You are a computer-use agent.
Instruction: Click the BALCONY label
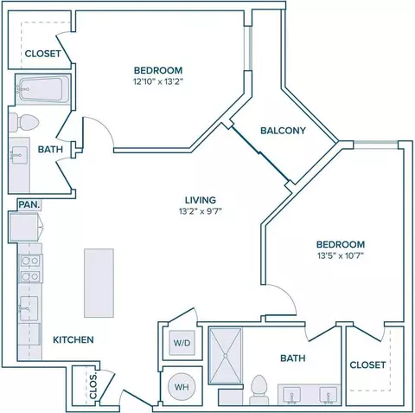[x=283, y=131]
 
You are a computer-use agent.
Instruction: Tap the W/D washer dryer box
[x=182, y=343]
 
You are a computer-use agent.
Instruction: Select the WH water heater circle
[x=182, y=387]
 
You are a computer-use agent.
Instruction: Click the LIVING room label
[x=201, y=200]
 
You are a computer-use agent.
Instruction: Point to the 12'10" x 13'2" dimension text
[x=158, y=81]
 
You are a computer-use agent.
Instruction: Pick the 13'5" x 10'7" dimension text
[x=341, y=255]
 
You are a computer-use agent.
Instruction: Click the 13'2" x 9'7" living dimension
[x=201, y=211]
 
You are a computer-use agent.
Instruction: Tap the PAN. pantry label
[x=29, y=204]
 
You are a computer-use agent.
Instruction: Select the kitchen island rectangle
[x=99, y=283]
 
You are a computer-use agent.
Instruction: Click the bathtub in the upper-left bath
[x=42, y=89]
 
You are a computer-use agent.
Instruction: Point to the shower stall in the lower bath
[x=226, y=356]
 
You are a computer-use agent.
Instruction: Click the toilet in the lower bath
[x=259, y=390]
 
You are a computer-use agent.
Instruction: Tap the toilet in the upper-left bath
[x=23, y=123]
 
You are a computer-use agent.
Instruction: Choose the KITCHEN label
[x=73, y=339]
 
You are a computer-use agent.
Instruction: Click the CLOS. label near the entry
[x=93, y=386]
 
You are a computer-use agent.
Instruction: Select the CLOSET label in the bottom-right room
[x=367, y=365]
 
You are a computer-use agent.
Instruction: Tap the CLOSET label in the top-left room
[x=43, y=54]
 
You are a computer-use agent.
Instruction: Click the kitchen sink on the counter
[x=29, y=308]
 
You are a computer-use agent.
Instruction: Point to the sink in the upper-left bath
[x=19, y=155]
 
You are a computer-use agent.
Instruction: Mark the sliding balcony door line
[x=260, y=153]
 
